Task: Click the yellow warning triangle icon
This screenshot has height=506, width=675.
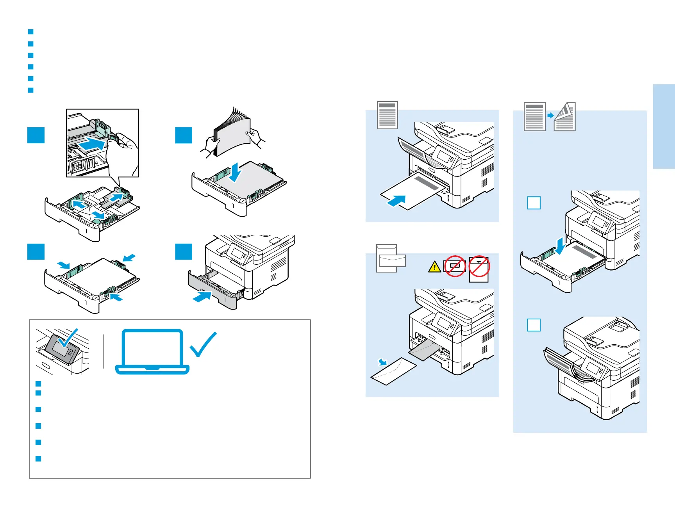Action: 434,267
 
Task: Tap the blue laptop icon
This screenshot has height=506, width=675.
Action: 152,352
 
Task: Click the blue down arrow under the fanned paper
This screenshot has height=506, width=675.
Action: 235,173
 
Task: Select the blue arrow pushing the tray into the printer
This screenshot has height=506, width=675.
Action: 202,297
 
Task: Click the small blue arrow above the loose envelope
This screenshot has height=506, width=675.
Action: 382,362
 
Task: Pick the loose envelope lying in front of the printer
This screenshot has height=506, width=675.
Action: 393,371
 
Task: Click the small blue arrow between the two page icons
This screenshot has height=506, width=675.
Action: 550,116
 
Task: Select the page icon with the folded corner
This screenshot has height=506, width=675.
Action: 565,117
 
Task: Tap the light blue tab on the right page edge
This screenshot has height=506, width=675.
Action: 664,126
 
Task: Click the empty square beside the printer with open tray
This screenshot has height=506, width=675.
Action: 534,203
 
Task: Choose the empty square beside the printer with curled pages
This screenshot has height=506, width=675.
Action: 534,325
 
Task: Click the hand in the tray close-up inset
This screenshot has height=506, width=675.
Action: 124,152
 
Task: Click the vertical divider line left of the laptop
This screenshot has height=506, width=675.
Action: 104,351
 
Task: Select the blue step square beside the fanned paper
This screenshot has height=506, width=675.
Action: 184,135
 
